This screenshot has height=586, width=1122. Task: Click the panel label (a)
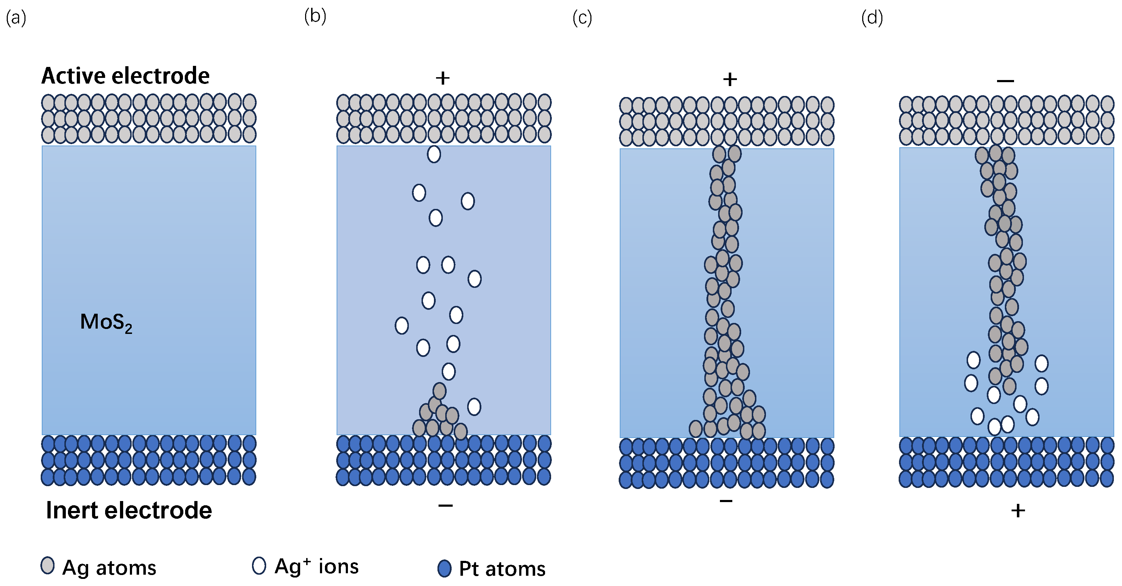click(16, 19)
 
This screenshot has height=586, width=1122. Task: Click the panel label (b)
click(315, 17)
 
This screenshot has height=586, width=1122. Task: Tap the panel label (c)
click(582, 18)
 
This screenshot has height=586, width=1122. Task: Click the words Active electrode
click(125, 76)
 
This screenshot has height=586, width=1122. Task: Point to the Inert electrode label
click(129, 510)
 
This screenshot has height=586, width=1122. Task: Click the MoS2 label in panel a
click(106, 323)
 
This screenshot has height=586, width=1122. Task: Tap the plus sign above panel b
click(442, 78)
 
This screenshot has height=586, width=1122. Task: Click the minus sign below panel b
click(445, 505)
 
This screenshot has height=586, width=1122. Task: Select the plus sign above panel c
click(730, 79)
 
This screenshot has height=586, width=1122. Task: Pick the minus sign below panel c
click(726, 501)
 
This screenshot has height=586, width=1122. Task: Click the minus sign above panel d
click(1005, 81)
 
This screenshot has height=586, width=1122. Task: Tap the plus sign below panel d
click(1018, 511)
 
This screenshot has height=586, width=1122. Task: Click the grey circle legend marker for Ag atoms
click(47, 565)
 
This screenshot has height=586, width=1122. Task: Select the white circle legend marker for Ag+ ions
click(259, 565)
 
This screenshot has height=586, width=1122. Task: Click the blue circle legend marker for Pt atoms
click(444, 569)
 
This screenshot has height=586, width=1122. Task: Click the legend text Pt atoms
click(502, 569)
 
